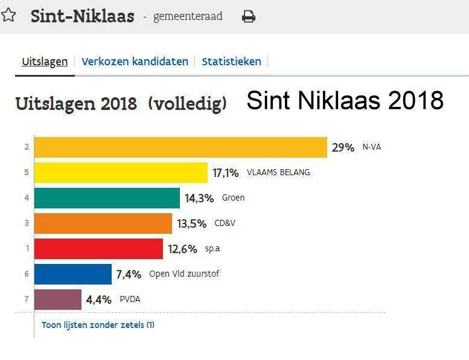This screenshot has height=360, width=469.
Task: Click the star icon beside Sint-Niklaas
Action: pos(8,15)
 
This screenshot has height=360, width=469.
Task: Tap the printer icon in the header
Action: pos(248,17)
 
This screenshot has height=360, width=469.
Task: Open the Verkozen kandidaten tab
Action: pos(135,62)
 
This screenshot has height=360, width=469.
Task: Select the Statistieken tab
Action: pos(231,62)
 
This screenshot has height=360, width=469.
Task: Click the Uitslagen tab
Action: pos(45,62)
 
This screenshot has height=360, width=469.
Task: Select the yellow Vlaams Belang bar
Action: pos(121,173)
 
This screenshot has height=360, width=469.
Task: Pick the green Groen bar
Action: pos(107,198)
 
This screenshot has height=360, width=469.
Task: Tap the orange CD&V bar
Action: pos(103,223)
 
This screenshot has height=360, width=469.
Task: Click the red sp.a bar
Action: pos(98,249)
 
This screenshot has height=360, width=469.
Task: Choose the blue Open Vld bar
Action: pos(72,274)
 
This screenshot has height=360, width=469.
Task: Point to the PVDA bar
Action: pos(57,300)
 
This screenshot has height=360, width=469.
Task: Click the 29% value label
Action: pos(343,147)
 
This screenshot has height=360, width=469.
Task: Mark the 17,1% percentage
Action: pos(226,173)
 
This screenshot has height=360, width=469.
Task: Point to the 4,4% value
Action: pos(99,300)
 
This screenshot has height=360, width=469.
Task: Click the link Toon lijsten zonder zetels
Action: pos(98,325)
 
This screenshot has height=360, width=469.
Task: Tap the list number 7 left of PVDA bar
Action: pos(27,300)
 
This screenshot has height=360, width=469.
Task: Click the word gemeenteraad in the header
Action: pos(188,16)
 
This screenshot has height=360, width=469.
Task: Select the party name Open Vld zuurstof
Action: pos(184,274)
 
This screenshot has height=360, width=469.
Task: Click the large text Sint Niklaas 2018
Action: pos(345,100)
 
